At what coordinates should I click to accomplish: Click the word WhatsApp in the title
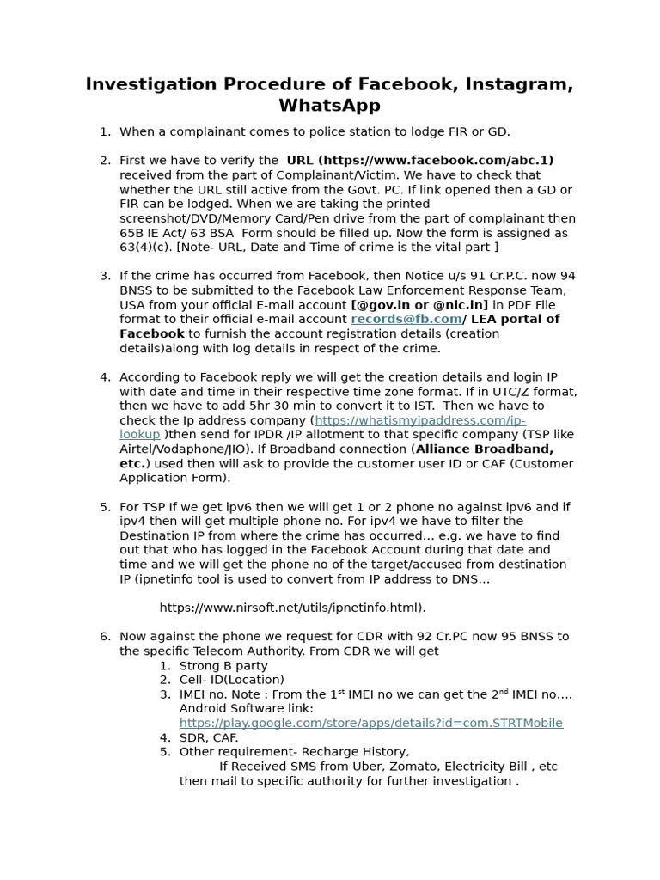[x=329, y=106]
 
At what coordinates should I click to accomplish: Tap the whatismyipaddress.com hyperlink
[x=419, y=420]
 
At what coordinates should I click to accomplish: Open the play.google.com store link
[x=370, y=723]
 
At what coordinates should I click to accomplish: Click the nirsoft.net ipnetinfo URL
[x=292, y=608]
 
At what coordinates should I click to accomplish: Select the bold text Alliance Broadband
[x=485, y=449]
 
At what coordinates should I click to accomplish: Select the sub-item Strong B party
[x=223, y=665]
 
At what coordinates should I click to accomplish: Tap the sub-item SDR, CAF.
[x=209, y=737]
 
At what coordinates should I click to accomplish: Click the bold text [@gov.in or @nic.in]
[x=419, y=304]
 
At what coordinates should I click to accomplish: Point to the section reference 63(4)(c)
[x=146, y=247]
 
